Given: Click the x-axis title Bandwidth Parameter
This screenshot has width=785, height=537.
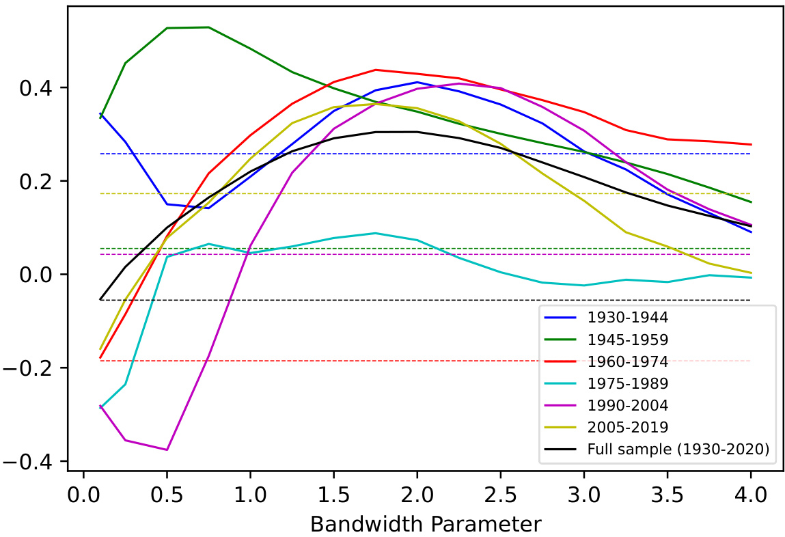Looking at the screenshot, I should pos(425,524).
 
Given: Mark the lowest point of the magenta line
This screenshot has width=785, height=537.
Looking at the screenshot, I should pos(167,450).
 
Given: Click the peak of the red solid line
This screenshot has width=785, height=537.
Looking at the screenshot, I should pos(376,70).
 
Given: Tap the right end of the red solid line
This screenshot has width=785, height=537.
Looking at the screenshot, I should pos(751,144).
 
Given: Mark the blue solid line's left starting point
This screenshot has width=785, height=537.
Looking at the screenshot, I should pos(100,113).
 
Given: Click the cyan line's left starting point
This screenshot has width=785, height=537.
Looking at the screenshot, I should pos(100,408).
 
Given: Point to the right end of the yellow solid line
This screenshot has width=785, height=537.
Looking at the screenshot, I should pos(751,273).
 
